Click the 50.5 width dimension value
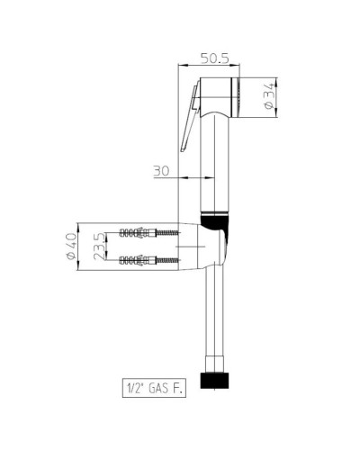tap(213, 58)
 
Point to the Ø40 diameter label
tap(69, 249)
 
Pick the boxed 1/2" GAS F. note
tap(156, 388)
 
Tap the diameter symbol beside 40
tap(69, 261)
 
